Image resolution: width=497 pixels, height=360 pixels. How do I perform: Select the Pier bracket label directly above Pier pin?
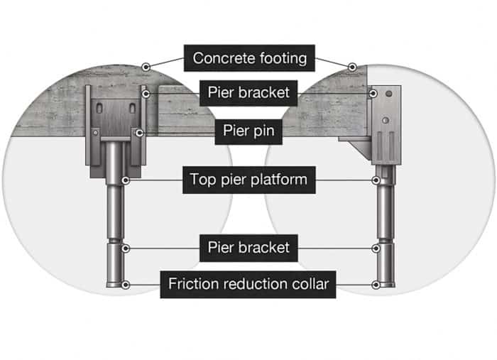click(248, 93)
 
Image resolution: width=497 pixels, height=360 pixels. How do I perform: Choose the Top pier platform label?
click(248, 180)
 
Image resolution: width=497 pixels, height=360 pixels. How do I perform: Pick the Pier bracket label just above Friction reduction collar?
click(248, 248)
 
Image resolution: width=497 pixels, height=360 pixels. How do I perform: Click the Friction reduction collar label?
click(248, 285)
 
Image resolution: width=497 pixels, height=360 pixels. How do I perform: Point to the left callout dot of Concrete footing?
click(145, 66)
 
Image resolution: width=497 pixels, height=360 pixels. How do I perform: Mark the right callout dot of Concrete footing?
click(351, 66)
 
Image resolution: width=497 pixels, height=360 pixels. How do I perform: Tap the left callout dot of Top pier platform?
click(126, 180)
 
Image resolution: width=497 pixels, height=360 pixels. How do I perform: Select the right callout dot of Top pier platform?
click(376, 180)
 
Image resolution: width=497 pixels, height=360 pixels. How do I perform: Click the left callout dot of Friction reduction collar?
click(126, 285)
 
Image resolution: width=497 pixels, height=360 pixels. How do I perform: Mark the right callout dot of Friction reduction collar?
click(376, 285)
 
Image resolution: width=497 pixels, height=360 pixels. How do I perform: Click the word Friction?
click(192, 285)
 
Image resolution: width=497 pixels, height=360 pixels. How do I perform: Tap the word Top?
click(202, 180)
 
